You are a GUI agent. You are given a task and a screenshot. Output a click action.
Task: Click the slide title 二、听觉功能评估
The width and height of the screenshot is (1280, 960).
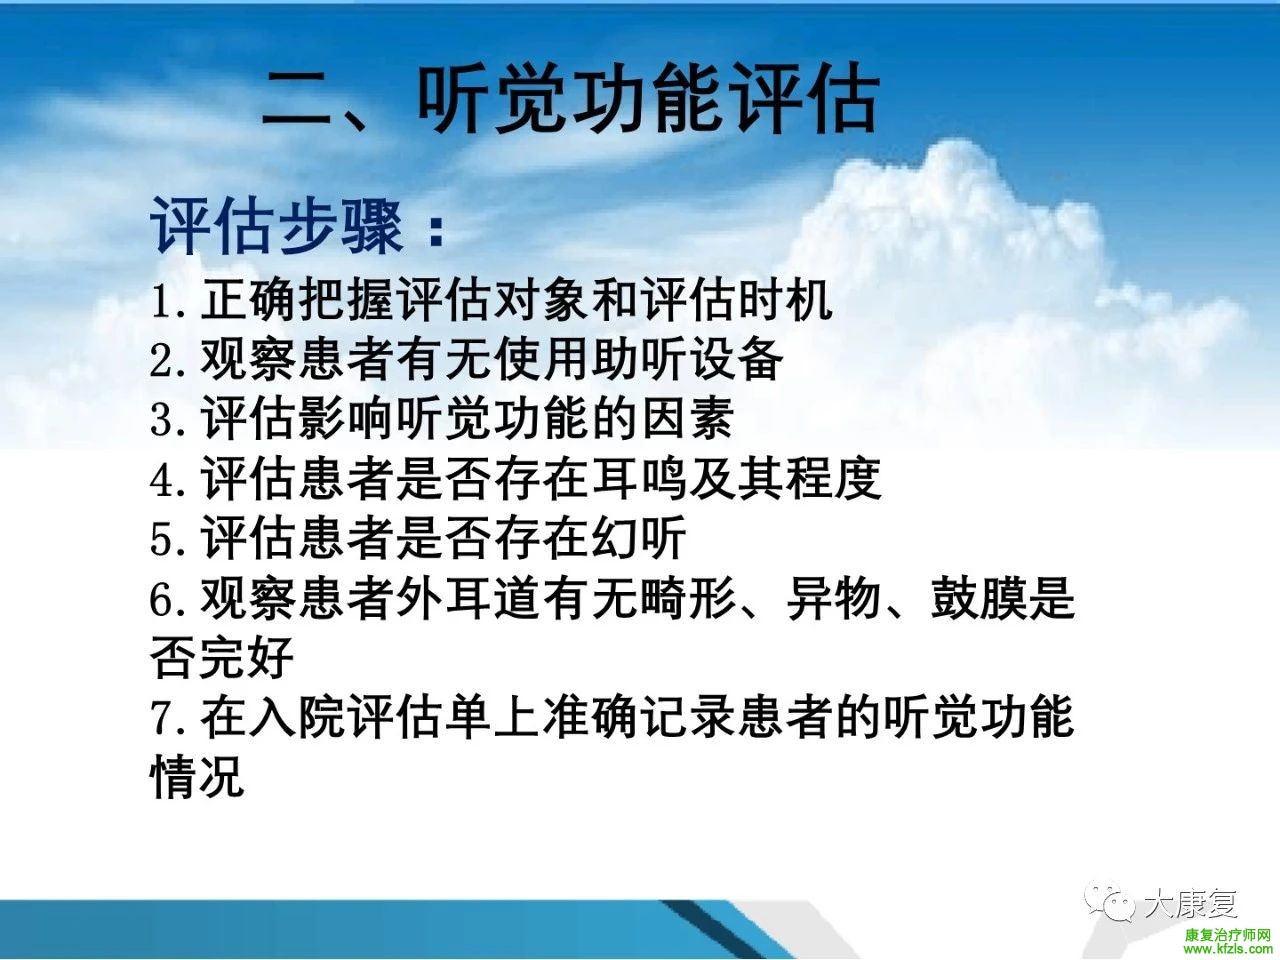coord(570,98)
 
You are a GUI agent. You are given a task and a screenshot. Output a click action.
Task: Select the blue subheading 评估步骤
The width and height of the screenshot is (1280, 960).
coord(276,226)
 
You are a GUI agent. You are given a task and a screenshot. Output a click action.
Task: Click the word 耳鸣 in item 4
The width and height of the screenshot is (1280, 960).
coord(639,479)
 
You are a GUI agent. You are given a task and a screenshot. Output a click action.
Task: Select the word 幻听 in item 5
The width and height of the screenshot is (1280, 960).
coord(639,538)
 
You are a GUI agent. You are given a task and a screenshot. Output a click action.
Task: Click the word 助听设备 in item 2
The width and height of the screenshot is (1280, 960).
coord(687,360)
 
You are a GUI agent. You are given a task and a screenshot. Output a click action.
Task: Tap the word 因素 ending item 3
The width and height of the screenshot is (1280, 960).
coord(687,419)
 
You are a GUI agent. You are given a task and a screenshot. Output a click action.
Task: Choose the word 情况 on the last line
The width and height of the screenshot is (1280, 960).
coord(197,777)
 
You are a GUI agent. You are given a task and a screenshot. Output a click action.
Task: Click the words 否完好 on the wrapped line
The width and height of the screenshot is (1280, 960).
coord(222,658)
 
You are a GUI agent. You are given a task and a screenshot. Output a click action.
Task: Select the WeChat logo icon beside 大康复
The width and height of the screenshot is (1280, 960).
coord(1109,903)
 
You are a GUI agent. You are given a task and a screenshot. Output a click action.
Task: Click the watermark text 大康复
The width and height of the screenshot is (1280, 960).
coord(1190,904)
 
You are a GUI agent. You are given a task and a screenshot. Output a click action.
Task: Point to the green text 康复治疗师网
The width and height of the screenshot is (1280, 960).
coord(1227,935)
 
